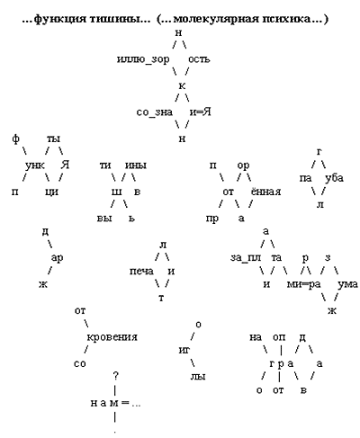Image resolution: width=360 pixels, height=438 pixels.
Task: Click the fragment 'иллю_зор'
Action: (143, 60)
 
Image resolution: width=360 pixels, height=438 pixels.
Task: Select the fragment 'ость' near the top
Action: (199, 59)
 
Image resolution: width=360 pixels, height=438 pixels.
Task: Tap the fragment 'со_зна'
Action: (155, 112)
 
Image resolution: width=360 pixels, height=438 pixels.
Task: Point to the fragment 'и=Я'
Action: (200, 112)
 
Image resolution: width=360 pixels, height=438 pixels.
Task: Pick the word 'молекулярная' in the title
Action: (216, 19)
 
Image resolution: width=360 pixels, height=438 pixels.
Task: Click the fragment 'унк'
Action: (35, 165)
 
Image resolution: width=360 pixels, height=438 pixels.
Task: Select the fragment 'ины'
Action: (136, 165)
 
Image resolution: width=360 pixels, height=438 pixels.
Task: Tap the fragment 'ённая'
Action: (265, 192)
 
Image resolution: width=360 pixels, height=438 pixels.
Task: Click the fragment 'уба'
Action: (334, 178)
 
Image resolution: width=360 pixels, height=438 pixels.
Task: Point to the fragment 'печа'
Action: (141, 272)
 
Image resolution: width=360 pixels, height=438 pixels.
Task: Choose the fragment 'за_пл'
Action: (246, 258)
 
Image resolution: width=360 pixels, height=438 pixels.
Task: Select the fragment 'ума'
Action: (347, 284)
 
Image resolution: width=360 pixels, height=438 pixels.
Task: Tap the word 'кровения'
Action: (112, 337)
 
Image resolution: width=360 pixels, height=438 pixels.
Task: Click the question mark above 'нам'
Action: (115, 376)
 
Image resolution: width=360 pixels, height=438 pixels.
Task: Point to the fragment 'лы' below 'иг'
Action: (198, 377)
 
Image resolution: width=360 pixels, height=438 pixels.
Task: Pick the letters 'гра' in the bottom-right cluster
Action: (281, 364)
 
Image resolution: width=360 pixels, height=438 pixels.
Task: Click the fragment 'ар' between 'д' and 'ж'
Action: (57, 258)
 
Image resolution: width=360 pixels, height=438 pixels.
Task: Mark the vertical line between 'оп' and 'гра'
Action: (281, 350)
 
